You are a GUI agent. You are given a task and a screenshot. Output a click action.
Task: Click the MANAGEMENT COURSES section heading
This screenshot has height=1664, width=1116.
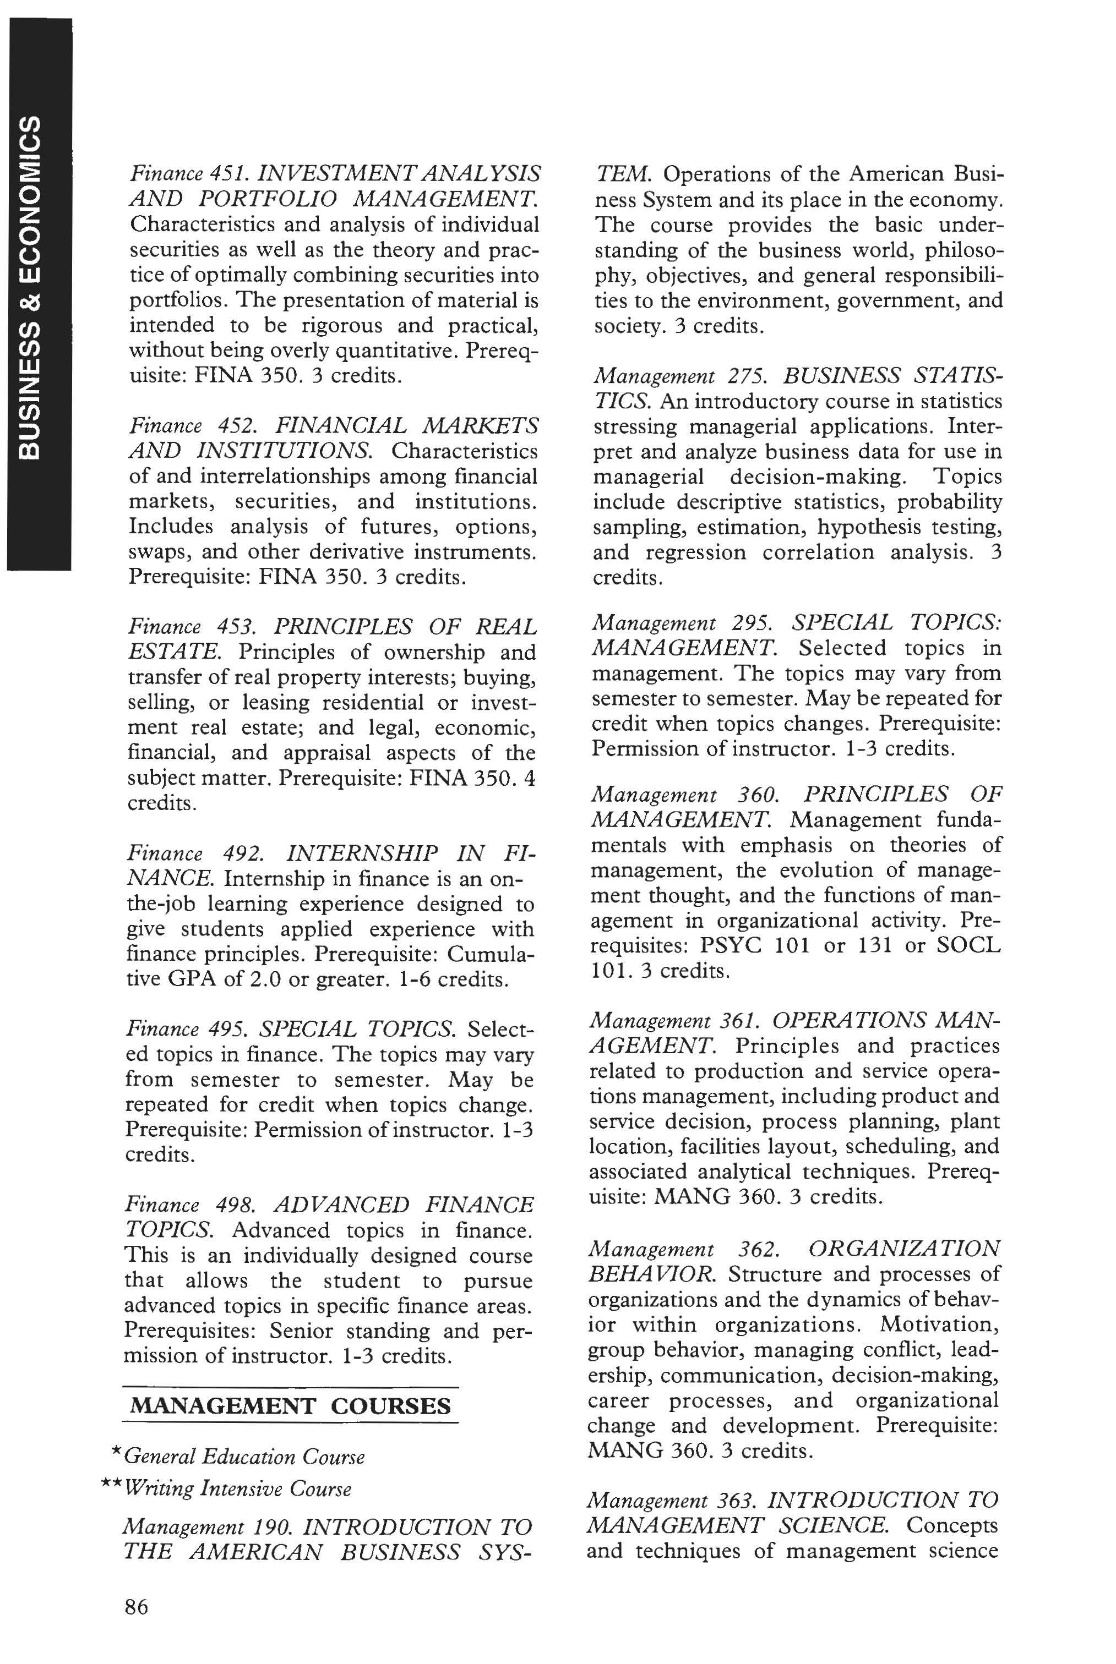(290, 1406)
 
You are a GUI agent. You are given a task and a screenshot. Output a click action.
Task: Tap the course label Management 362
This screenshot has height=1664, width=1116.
(682, 1249)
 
